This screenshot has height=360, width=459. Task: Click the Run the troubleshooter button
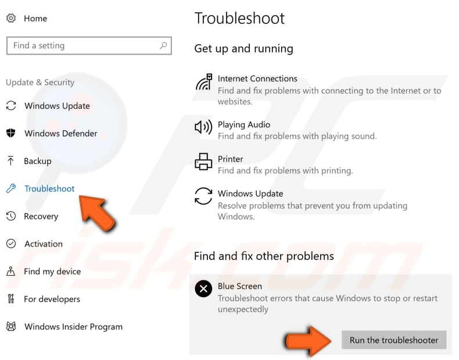pos(394,340)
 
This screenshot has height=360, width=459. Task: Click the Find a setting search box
pos(81,46)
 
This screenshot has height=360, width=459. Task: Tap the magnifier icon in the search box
pos(163,45)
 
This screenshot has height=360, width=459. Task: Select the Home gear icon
pos(11,18)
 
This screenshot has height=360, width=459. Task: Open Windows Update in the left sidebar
pos(57,106)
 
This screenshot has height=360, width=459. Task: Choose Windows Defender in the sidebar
pos(60,133)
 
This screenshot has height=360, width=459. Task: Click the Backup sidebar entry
pos(38,161)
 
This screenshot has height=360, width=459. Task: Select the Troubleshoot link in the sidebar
pos(49,188)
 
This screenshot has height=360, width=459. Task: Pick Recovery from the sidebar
pos(41,216)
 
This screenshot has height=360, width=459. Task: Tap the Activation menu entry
pos(43,244)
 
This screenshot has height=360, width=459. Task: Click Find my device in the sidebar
pos(52,272)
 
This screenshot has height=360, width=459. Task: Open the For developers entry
pos(52,299)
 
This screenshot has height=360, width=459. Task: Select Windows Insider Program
pos(73,327)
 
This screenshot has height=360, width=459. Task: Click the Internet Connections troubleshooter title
pos(257,79)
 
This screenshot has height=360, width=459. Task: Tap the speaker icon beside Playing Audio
pos(203,127)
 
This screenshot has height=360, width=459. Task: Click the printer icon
pos(203,161)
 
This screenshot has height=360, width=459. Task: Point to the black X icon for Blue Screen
pos(203,288)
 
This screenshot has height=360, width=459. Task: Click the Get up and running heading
pos(243,48)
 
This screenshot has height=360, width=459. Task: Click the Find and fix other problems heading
pos(264,256)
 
